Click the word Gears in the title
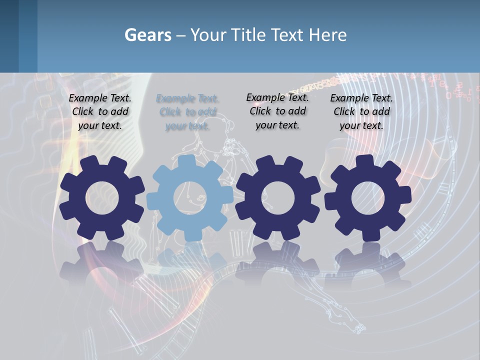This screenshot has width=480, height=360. [x=148, y=35]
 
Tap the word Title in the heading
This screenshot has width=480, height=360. [x=250, y=35]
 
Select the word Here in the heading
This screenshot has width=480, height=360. [x=327, y=35]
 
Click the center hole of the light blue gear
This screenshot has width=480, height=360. [x=190, y=198]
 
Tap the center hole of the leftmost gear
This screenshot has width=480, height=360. [x=102, y=198]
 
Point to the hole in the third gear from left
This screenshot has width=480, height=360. [x=277, y=198]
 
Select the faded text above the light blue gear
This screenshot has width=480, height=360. [x=187, y=112]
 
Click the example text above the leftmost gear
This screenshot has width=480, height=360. [x=100, y=112]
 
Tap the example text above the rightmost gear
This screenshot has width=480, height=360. [x=361, y=112]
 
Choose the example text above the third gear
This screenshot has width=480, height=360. [x=277, y=111]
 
